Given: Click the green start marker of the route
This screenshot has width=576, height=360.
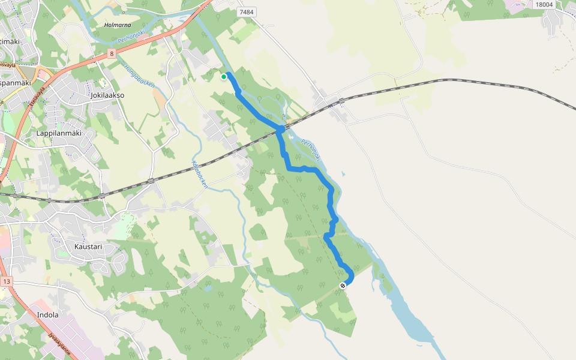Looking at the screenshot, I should [224, 76].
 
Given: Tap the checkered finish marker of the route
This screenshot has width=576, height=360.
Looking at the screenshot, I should [343, 286].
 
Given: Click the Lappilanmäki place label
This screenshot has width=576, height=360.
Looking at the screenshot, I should [59, 133].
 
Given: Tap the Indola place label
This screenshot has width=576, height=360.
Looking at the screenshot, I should [48, 314].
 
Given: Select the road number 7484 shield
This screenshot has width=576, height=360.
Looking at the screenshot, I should [246, 12].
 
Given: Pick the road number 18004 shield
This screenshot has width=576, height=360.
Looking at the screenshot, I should [543, 4].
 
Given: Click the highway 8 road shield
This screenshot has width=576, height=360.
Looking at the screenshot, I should [112, 53].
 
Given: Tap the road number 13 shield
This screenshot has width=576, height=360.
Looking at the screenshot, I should [7, 281].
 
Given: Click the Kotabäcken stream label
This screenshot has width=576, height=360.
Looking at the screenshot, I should [199, 174].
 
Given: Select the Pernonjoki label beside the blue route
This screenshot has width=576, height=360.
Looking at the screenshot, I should [312, 150].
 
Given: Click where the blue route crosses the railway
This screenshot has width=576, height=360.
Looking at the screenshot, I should [281, 129].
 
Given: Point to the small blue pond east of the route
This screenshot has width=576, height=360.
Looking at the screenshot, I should [343, 175].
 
